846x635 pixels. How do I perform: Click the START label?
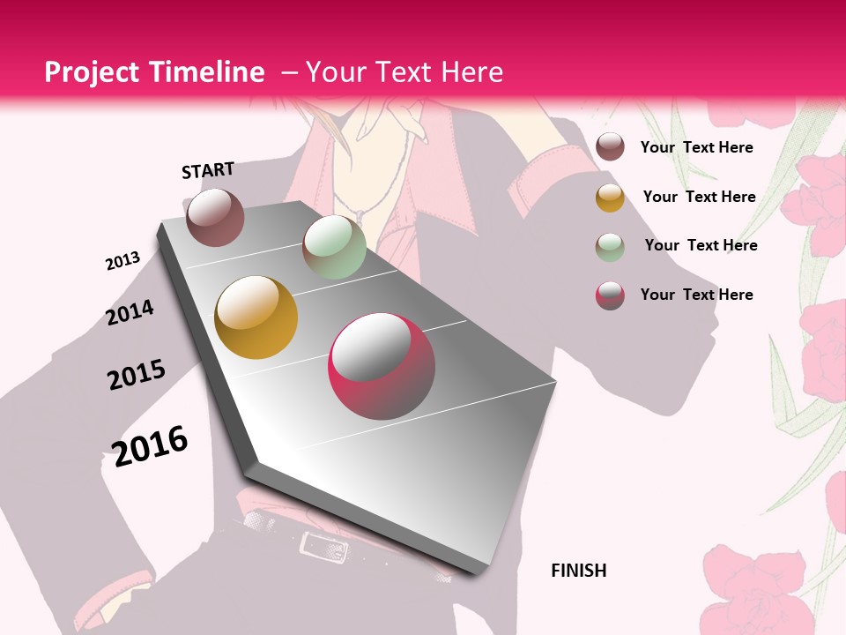click(208, 170)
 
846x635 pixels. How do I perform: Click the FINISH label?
click(578, 571)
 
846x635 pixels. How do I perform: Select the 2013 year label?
click(122, 261)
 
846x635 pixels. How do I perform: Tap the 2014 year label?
click(130, 312)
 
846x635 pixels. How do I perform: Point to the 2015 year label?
click(136, 375)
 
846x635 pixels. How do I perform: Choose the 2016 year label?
click(151, 445)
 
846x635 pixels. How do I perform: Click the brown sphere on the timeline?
click(215, 217)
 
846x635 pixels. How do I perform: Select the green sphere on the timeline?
click(334, 247)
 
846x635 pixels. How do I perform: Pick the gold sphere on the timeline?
click(256, 317)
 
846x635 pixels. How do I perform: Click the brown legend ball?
click(610, 146)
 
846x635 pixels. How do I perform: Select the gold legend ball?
click(610, 198)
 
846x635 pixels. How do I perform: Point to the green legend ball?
click(610, 247)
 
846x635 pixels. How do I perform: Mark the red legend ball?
click(610, 295)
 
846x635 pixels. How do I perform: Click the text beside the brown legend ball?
click(696, 147)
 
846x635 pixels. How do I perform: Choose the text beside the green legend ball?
click(701, 245)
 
